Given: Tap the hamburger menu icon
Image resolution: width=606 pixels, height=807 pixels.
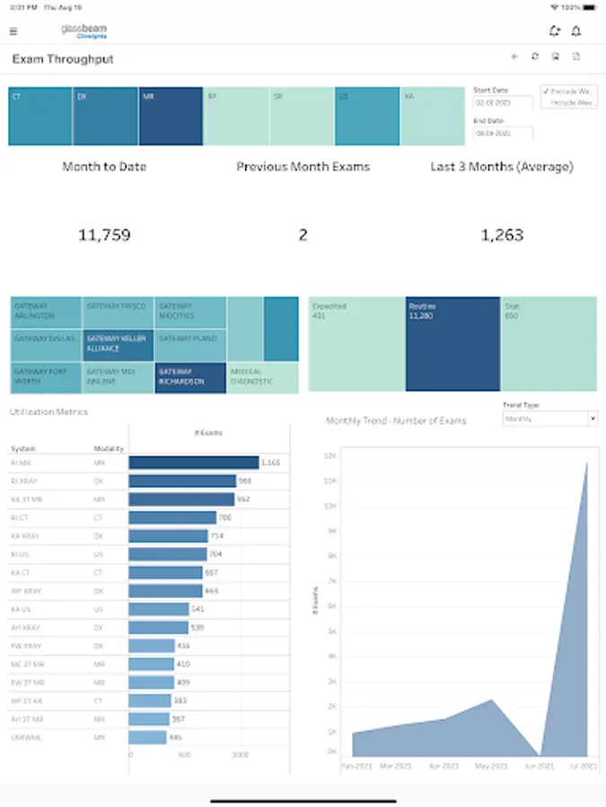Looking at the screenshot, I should point(13,31).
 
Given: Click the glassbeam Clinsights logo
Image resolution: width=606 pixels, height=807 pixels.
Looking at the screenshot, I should point(83,31).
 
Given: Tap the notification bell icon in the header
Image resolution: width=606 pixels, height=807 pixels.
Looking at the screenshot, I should point(575,31).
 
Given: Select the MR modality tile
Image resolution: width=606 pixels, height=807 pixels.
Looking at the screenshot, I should point(171,116).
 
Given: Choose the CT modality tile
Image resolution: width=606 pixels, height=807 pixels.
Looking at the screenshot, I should point(40,116).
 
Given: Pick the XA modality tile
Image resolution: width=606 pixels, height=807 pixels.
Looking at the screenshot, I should point(433,116).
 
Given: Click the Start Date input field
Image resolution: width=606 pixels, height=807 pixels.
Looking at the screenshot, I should point(503,102).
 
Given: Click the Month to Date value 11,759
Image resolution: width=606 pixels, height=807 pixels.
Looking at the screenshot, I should point(104,236).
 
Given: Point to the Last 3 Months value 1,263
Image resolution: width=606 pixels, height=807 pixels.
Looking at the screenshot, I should point(501,236).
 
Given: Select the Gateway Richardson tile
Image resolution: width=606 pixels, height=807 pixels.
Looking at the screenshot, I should point(189,377).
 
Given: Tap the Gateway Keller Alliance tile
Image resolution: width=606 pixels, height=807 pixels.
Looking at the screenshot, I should point(118,344).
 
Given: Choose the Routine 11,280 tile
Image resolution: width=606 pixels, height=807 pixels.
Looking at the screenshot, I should point(452,344).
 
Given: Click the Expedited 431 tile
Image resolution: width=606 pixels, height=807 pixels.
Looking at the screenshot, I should point(356,344).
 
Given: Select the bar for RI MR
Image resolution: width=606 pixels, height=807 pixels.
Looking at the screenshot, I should point(193,463).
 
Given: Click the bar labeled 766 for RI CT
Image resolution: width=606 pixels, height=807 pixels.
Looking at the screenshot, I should point(172,517).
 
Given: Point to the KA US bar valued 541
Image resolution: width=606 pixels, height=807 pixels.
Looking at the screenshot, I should point(158,609).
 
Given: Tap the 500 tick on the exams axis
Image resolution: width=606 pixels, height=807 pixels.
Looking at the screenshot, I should point(185,755).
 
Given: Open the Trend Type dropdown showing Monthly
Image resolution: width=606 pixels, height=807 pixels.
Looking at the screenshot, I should point(549,419).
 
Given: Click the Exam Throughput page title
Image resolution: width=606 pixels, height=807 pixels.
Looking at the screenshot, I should point(63,59).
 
